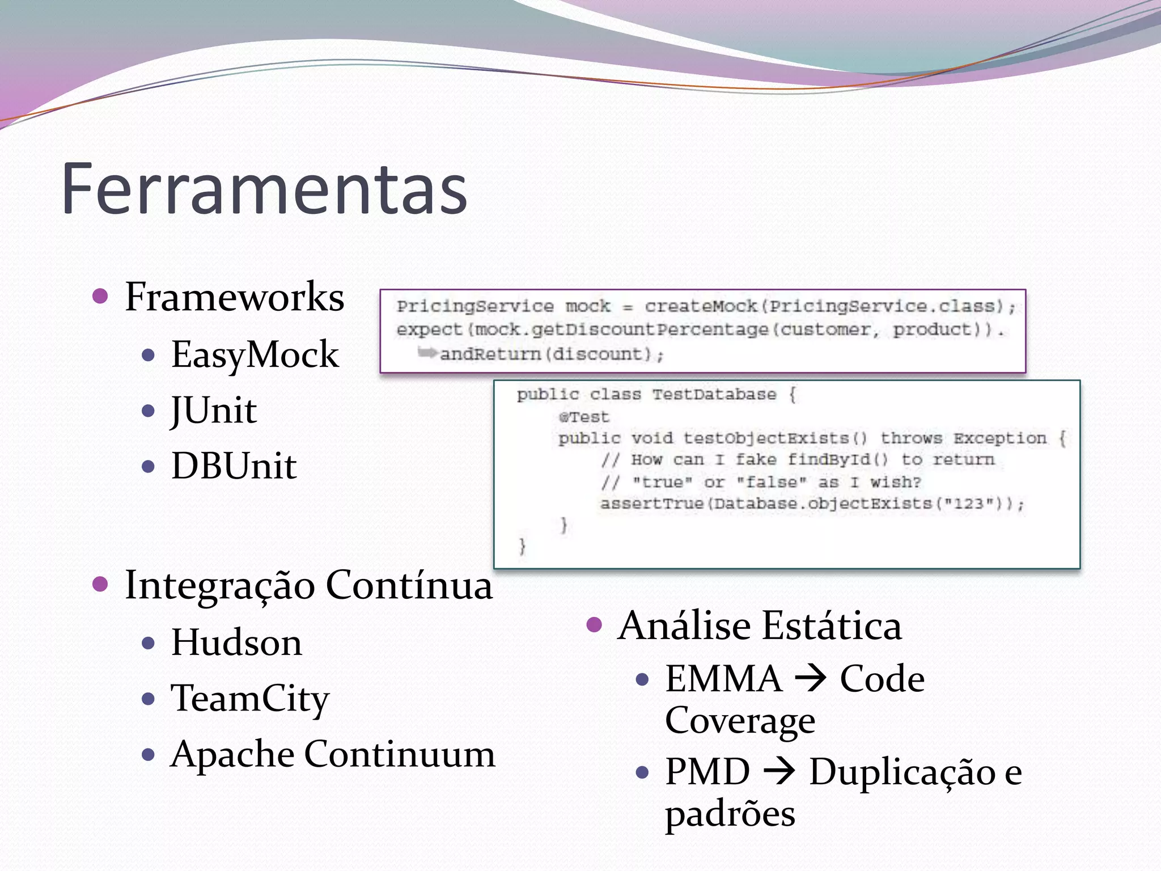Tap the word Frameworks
pyautogui.click(x=234, y=297)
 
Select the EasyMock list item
pyautogui.click(x=255, y=354)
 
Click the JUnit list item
pyautogui.click(x=214, y=410)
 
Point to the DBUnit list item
pyautogui.click(x=234, y=466)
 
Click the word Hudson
pyautogui.click(x=236, y=642)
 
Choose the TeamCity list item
pyautogui.click(x=249, y=698)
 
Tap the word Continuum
pyautogui.click(x=400, y=754)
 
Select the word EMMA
pyautogui.click(x=723, y=679)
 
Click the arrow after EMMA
pyautogui.click(x=811, y=679)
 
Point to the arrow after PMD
pyautogui.click(x=779, y=772)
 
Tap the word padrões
pyautogui.click(x=730, y=814)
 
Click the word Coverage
pyautogui.click(x=740, y=721)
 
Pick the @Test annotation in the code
pyautogui.click(x=583, y=417)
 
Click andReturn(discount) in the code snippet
pyautogui.click(x=551, y=354)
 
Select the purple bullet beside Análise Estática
pyautogui.click(x=594, y=625)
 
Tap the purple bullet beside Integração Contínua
pyautogui.click(x=100, y=584)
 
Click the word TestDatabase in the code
pyautogui.click(x=714, y=395)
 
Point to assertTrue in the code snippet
pyautogui.click(x=652, y=504)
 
